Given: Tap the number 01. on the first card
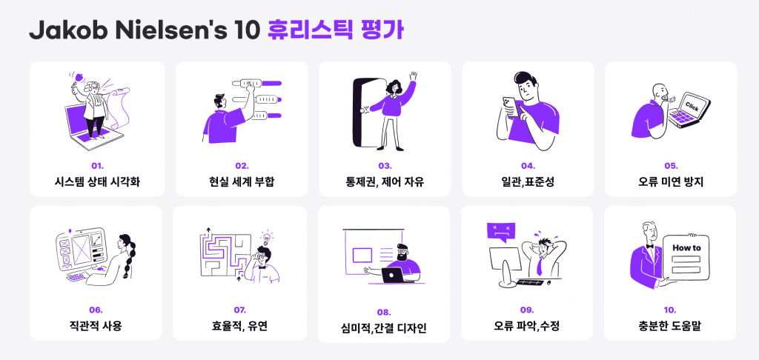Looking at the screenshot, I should (96, 165).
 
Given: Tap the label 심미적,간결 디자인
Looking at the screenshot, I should (383, 328).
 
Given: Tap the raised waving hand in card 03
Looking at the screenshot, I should (412, 76).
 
